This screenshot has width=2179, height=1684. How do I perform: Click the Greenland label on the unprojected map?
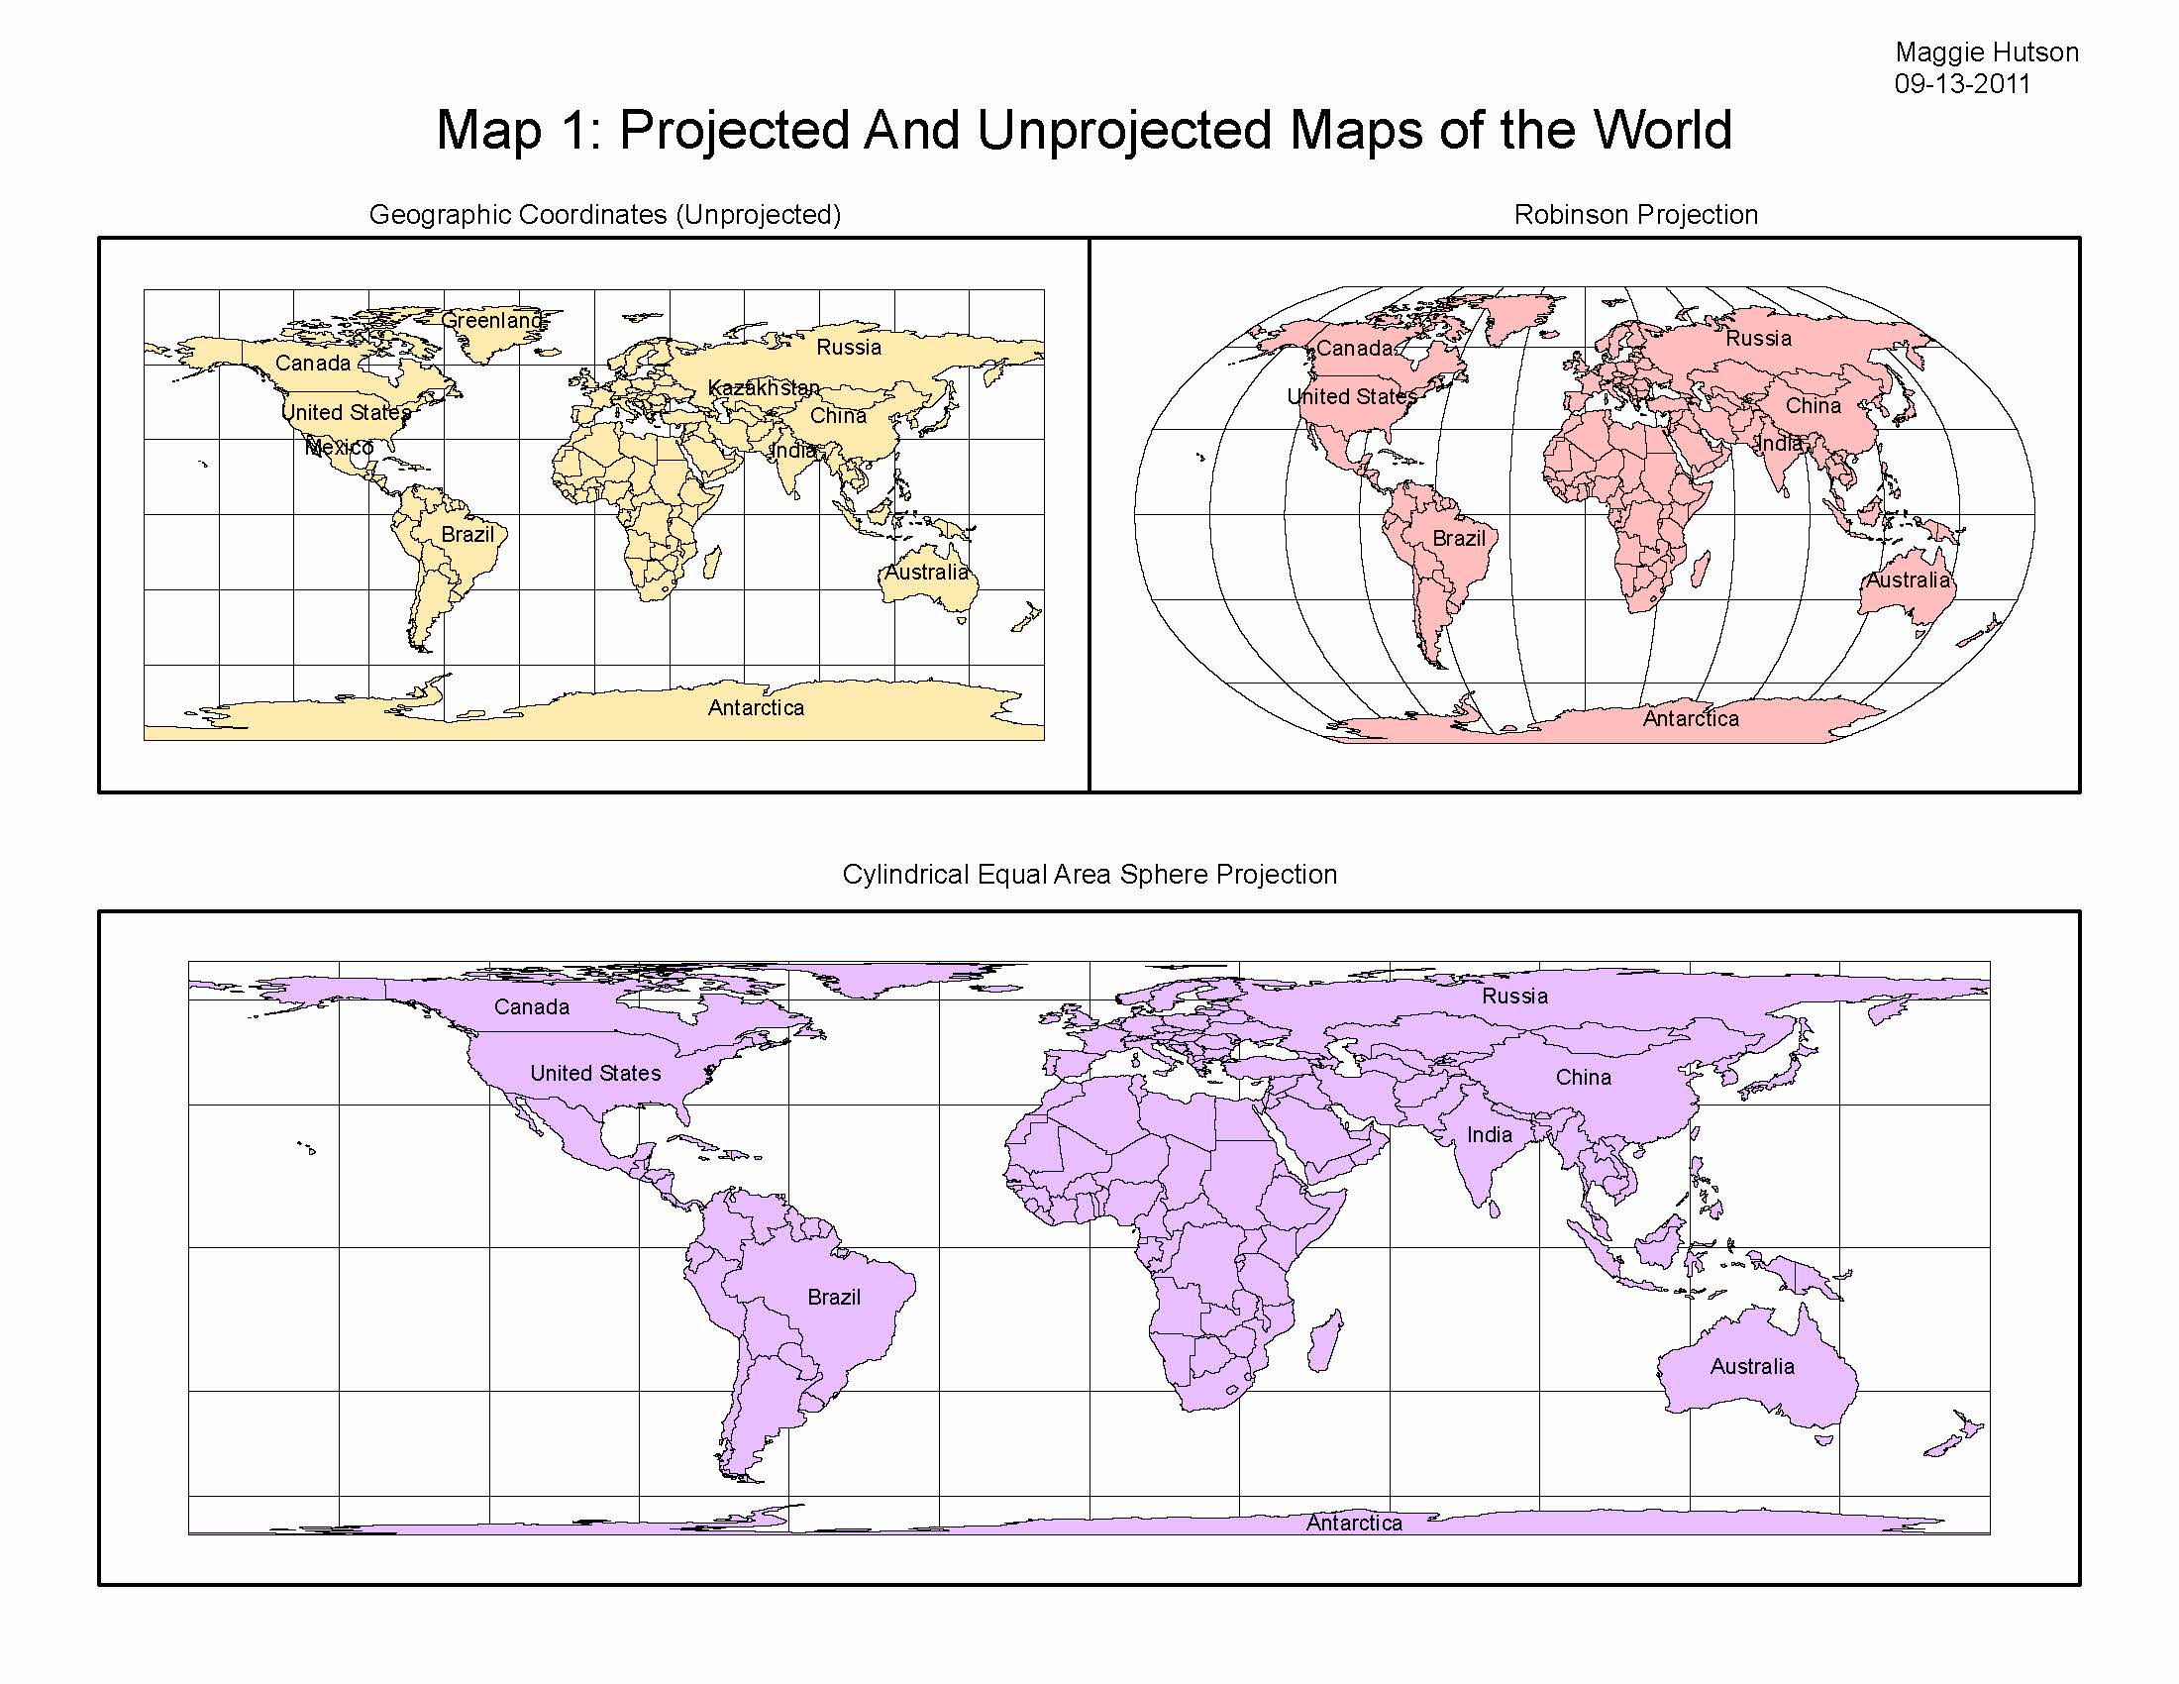493,320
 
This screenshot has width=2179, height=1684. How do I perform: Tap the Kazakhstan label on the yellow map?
765,387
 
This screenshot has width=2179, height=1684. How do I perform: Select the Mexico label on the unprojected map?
339,447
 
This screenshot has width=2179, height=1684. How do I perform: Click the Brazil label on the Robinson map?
1459,539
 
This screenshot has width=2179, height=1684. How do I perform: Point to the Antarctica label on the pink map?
1690,718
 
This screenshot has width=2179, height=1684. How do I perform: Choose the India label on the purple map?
1489,1134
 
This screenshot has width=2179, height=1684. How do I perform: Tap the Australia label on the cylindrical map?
1752,1366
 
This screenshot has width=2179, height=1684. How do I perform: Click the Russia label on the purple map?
1514,996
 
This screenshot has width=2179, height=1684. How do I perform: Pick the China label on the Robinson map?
1813,406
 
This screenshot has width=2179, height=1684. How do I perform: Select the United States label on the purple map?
594,1074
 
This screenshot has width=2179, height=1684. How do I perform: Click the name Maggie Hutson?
1987,52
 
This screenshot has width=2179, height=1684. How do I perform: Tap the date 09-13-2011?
1962,84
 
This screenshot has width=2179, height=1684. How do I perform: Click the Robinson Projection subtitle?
1635,215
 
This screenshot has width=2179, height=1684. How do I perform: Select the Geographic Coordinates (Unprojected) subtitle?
604,215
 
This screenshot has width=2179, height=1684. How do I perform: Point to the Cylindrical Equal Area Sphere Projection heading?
1089,874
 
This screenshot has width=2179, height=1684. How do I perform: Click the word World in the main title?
1661,130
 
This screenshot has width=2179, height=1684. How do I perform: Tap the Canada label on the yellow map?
312,364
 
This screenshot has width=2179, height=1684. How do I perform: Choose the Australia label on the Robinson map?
1908,579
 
